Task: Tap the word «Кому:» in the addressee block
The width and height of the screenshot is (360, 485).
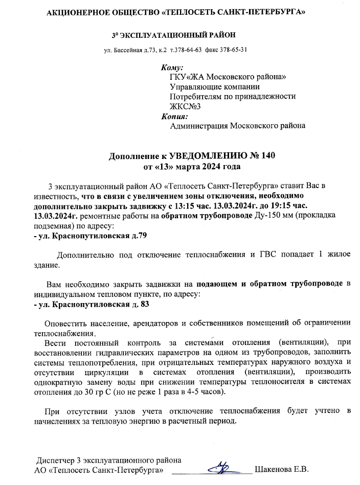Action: point(172,67)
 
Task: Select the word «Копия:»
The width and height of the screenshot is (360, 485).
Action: point(174,116)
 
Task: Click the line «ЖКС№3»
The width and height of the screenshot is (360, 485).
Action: point(185,106)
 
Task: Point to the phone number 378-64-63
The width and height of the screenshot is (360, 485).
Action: point(187,50)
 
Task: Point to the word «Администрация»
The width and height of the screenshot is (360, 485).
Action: point(199,126)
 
